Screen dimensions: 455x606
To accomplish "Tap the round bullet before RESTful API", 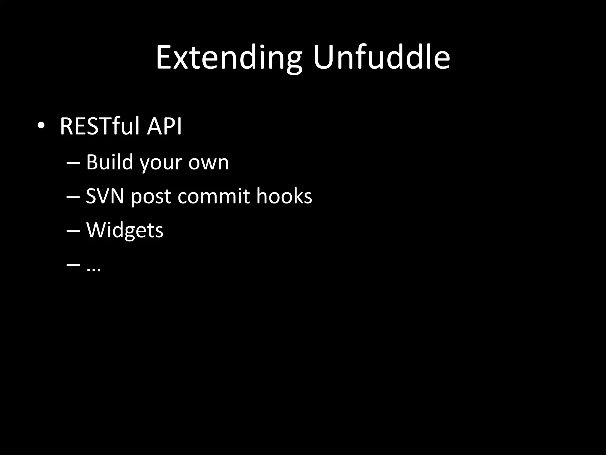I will [41, 126].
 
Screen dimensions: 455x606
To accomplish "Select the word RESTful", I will [99, 126].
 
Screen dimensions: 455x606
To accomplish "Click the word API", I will [165, 126].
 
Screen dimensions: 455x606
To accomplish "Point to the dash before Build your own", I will [73, 163].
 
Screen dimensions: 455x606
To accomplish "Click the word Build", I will [109, 162].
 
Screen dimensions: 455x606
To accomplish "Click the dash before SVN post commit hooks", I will [73, 197].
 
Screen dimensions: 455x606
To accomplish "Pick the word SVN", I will [105, 196].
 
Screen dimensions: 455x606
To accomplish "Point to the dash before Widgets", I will [73, 231].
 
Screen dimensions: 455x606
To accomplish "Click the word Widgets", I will [125, 230].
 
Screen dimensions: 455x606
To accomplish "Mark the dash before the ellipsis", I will [73, 265].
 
